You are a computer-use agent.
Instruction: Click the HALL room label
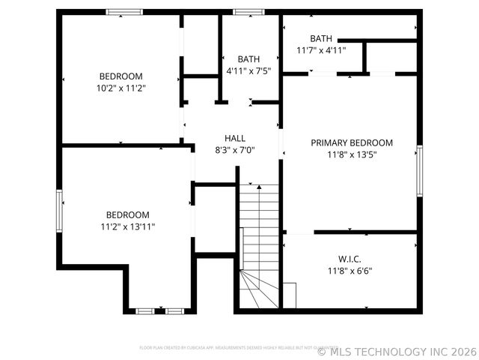tap(235, 138)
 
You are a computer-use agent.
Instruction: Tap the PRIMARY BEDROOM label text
tap(352, 142)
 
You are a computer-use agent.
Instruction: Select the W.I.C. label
tap(350, 259)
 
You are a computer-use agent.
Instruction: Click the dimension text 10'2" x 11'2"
tap(120, 88)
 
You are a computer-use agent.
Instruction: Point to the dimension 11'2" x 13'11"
tap(127, 226)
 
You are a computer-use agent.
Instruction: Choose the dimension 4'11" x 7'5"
tap(248, 70)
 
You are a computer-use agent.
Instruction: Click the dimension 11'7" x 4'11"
tap(321, 50)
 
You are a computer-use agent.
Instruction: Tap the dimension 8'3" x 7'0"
tap(235, 149)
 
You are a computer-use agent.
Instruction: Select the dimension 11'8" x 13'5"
tap(352, 154)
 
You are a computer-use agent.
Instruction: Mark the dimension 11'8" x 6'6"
tap(350, 271)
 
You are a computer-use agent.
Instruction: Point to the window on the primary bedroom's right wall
tap(420, 170)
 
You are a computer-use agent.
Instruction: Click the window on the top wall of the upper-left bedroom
tap(124, 12)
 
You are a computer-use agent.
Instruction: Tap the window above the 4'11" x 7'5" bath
tap(248, 12)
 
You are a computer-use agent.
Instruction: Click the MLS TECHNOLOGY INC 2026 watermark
tap(397, 350)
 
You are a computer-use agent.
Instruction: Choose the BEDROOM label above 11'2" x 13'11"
tap(127, 214)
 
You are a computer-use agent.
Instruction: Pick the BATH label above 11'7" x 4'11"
tap(321, 38)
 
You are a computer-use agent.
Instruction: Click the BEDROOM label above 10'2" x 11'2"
tap(120, 76)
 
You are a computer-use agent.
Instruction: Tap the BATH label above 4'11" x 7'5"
tap(248, 58)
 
